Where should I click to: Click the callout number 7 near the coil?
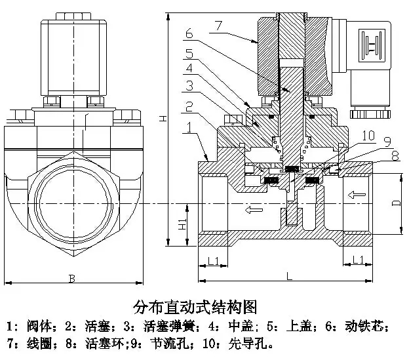coord(218,26)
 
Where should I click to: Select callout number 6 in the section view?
coord(189,33)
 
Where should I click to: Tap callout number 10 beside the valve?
coord(368,135)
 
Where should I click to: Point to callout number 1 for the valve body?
coord(189,128)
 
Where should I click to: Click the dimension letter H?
coord(163,119)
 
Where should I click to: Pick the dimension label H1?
coord(183,224)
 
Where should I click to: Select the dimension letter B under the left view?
coord(72,279)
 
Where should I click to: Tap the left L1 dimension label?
coord(214,260)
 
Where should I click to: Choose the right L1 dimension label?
coord(358,260)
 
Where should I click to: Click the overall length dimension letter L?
coord(289,276)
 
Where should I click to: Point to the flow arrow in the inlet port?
coord(357,195)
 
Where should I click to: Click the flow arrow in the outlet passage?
coord(254,209)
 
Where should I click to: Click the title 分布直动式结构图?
coord(195,307)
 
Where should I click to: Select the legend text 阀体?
coord(39,326)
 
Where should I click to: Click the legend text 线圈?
coord(39,344)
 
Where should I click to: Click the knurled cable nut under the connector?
coord(370,114)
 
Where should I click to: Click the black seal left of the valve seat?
coord(271,180)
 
